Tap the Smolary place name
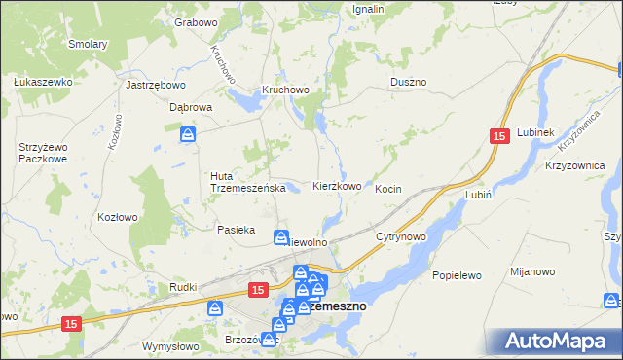pos(88,44)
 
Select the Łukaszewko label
pos(44,82)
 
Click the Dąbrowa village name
pos(191,108)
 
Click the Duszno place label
pos(409,83)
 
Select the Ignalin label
pos(368,9)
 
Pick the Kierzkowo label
pos(337,186)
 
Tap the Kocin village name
pos(388,189)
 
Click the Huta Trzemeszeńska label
pos(247,182)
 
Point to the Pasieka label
pos(236,230)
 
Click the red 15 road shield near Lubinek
pos(499,139)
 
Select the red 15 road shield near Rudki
pos(257,290)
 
